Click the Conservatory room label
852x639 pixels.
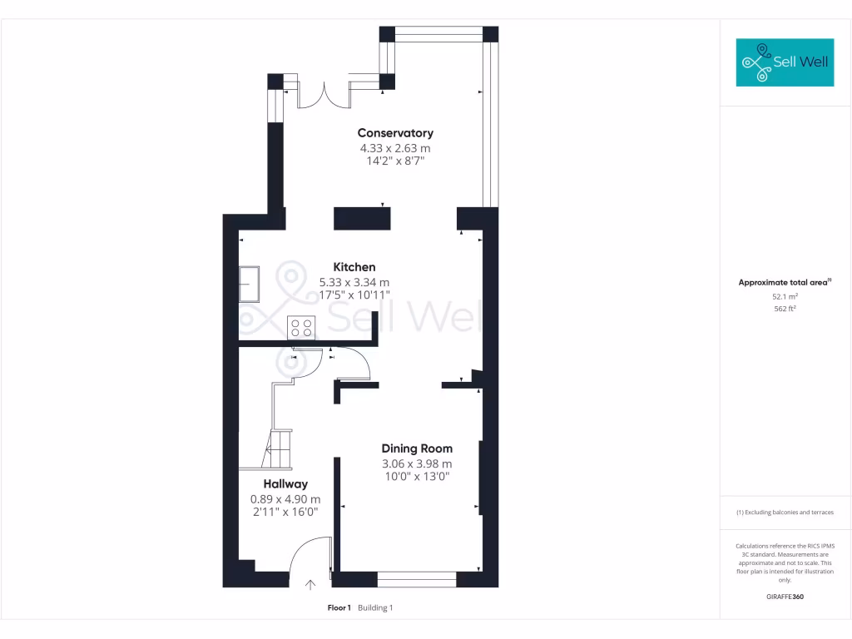coord(395,133)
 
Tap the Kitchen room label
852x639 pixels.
coord(354,267)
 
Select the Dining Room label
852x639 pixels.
coord(417,448)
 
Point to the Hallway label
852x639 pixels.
coord(285,484)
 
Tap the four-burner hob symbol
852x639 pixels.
coord(301,328)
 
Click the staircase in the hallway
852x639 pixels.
coord(279,449)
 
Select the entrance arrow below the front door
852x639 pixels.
coord(311,586)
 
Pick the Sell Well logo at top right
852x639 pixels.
coord(785,62)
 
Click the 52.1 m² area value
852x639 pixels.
coord(785,296)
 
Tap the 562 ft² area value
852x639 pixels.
coord(785,309)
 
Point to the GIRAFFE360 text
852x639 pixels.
coord(785,597)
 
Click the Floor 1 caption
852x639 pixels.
coord(339,608)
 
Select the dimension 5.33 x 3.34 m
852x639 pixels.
coord(354,282)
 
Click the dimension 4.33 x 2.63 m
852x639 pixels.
coord(395,148)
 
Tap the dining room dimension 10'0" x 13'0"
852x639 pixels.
coord(417,478)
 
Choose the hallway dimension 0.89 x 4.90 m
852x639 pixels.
coord(285,499)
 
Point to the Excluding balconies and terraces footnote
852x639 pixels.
coord(785,513)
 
